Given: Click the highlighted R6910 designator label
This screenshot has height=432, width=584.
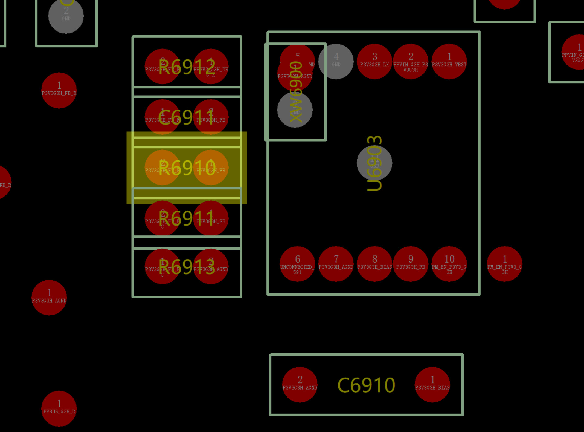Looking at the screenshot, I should tap(187, 168).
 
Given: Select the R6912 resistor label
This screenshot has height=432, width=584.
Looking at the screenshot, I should tap(187, 67).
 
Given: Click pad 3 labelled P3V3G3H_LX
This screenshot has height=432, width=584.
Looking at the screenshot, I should tap(374, 62).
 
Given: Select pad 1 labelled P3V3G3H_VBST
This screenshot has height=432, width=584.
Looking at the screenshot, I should tap(449, 62).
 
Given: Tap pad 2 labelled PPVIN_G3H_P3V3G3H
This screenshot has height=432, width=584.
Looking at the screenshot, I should tap(411, 62).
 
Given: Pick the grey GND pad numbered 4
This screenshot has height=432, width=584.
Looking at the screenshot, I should tap(336, 62).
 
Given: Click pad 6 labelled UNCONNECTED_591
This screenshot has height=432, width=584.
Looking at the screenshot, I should tap(297, 264).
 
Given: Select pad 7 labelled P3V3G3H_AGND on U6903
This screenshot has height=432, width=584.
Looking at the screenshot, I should tap(336, 264).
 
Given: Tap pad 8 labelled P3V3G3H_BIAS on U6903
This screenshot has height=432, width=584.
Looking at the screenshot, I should tap(374, 264).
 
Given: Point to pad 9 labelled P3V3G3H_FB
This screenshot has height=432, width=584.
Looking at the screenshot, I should tap(411, 264).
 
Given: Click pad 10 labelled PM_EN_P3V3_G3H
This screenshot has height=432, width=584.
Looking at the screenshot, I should tap(449, 264).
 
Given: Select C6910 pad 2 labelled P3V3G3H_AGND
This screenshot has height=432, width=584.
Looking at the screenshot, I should tap(300, 385).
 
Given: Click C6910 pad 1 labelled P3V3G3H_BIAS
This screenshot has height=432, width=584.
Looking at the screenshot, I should tap(432, 385).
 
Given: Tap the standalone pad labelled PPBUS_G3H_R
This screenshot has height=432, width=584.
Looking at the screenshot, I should tap(59, 408).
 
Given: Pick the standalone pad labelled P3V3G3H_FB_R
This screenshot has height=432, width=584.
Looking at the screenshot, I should tap(59, 90).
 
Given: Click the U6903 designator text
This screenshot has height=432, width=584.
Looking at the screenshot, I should tap(374, 163).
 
